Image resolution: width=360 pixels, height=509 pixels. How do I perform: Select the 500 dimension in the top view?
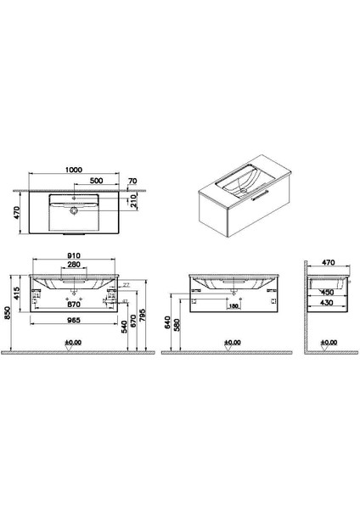click(98, 181)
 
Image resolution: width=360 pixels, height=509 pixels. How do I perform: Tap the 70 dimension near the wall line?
click(132, 181)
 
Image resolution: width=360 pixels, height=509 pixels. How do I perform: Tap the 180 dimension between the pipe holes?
click(233, 308)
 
